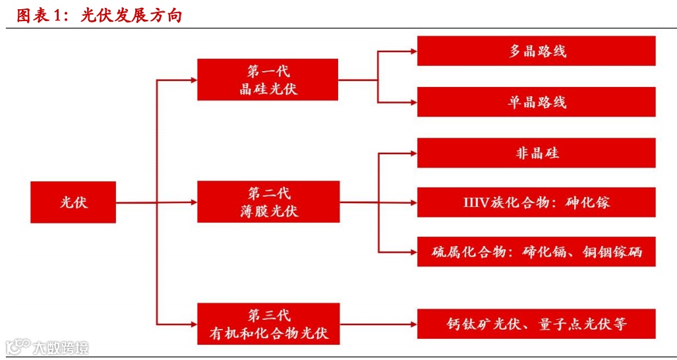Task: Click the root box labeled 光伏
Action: click(x=73, y=202)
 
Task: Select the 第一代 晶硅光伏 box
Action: click(x=268, y=80)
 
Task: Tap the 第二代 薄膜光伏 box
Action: click(x=268, y=202)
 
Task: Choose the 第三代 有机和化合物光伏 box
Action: click(x=268, y=324)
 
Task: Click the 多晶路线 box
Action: click(x=536, y=51)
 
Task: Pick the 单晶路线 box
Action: click(x=536, y=102)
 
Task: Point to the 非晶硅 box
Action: click(x=536, y=153)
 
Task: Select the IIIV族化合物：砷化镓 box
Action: click(x=536, y=202)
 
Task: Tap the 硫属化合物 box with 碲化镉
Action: click(x=536, y=251)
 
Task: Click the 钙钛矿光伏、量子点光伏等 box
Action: click(x=536, y=324)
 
